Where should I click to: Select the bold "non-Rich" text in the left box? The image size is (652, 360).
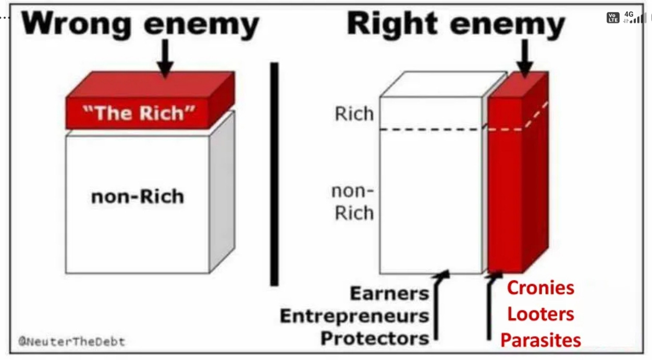click(x=138, y=197)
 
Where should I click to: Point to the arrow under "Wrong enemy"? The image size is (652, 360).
click(x=165, y=57)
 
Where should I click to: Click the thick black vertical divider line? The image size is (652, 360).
click(x=274, y=174)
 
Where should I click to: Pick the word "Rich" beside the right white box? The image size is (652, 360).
click(x=354, y=114)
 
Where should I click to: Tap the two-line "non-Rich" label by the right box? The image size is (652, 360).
click(x=353, y=202)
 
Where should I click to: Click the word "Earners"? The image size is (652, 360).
click(x=390, y=293)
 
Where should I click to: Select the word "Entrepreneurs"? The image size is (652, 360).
click(x=354, y=316)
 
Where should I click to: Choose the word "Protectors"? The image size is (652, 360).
click(x=375, y=339)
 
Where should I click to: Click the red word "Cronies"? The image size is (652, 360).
click(x=540, y=288)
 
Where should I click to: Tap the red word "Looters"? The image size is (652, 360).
click(x=540, y=314)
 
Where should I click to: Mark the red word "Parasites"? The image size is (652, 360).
click(x=540, y=340)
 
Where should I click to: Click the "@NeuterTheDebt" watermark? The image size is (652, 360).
click(x=72, y=342)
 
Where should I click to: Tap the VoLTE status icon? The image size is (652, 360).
click(x=613, y=18)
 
